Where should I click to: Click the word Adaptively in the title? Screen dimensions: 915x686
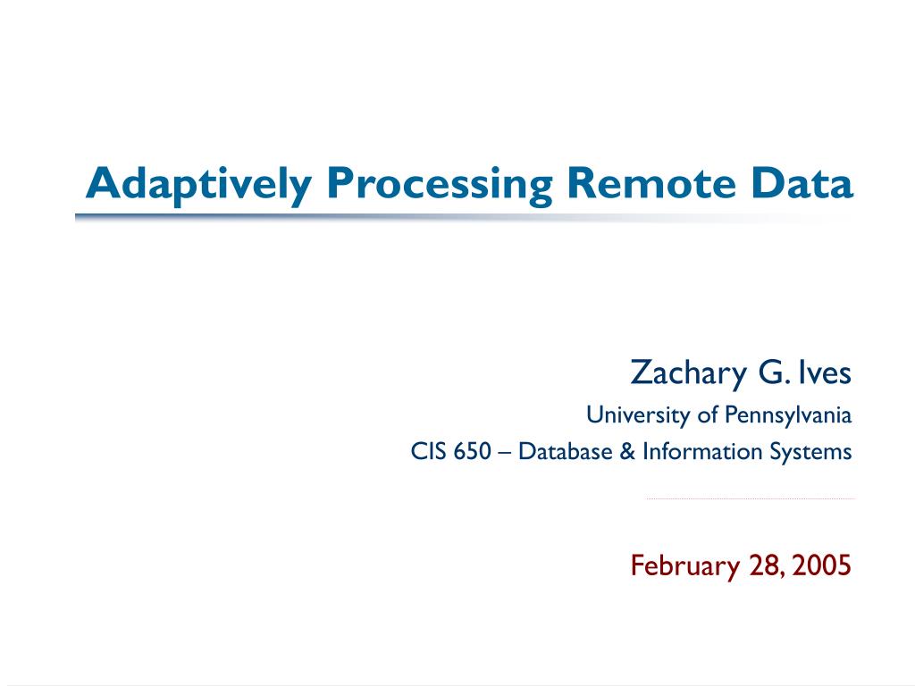click(198, 186)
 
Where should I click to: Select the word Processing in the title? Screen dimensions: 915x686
click(440, 186)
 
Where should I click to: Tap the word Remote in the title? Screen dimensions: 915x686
click(651, 183)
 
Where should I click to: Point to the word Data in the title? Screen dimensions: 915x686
click(802, 183)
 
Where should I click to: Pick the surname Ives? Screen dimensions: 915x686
click(825, 372)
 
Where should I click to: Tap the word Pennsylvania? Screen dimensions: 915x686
click(788, 415)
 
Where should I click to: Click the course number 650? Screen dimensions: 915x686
click(472, 451)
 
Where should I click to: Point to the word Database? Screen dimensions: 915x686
click(565, 451)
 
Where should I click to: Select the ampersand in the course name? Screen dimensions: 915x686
click(627, 451)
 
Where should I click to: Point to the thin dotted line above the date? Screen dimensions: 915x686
click(750, 498)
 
